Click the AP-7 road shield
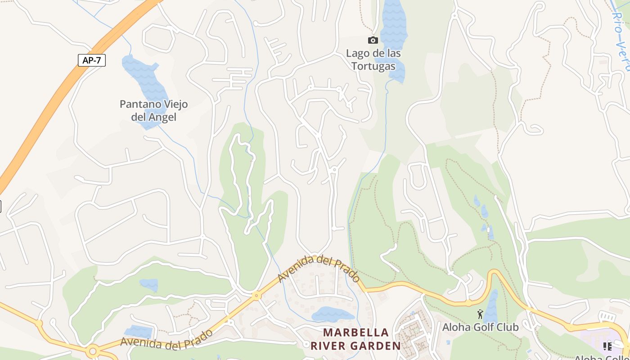[x=92, y=60]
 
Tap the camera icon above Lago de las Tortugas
[x=373, y=40]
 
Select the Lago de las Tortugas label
[x=373, y=60]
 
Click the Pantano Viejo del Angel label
[x=153, y=111]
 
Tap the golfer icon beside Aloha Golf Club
[x=480, y=314]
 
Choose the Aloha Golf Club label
[x=480, y=327]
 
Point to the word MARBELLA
[x=356, y=333]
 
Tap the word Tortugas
[x=373, y=66]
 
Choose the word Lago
[x=357, y=54]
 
